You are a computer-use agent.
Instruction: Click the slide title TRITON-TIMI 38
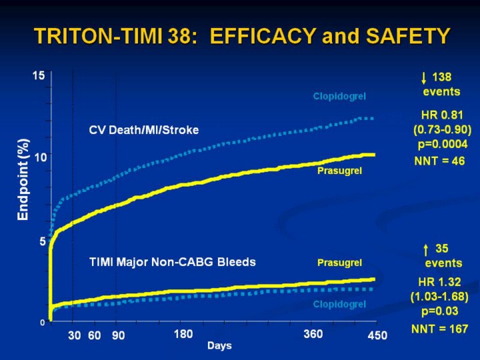(241, 35)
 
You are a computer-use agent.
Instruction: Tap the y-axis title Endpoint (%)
(23, 179)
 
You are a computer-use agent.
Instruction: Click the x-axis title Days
(219, 345)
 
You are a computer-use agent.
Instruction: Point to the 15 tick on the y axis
(39, 75)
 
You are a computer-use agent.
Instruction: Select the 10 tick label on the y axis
(39, 158)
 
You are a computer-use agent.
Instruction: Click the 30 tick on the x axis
(74, 336)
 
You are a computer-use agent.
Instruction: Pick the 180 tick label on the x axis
(183, 333)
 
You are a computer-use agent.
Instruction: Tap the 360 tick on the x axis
(313, 333)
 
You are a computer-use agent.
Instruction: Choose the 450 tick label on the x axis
(377, 337)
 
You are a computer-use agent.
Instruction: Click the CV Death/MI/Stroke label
(144, 130)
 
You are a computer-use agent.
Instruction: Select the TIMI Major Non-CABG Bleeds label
(172, 262)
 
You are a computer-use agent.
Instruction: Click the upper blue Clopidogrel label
(339, 97)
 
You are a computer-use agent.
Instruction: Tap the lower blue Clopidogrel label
(339, 304)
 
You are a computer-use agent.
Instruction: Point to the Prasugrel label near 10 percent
(339, 171)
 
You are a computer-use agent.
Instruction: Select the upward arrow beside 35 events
(426, 250)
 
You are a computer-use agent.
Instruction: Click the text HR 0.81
(441, 115)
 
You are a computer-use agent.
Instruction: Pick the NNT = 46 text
(439, 161)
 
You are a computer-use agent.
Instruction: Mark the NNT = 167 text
(439, 329)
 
